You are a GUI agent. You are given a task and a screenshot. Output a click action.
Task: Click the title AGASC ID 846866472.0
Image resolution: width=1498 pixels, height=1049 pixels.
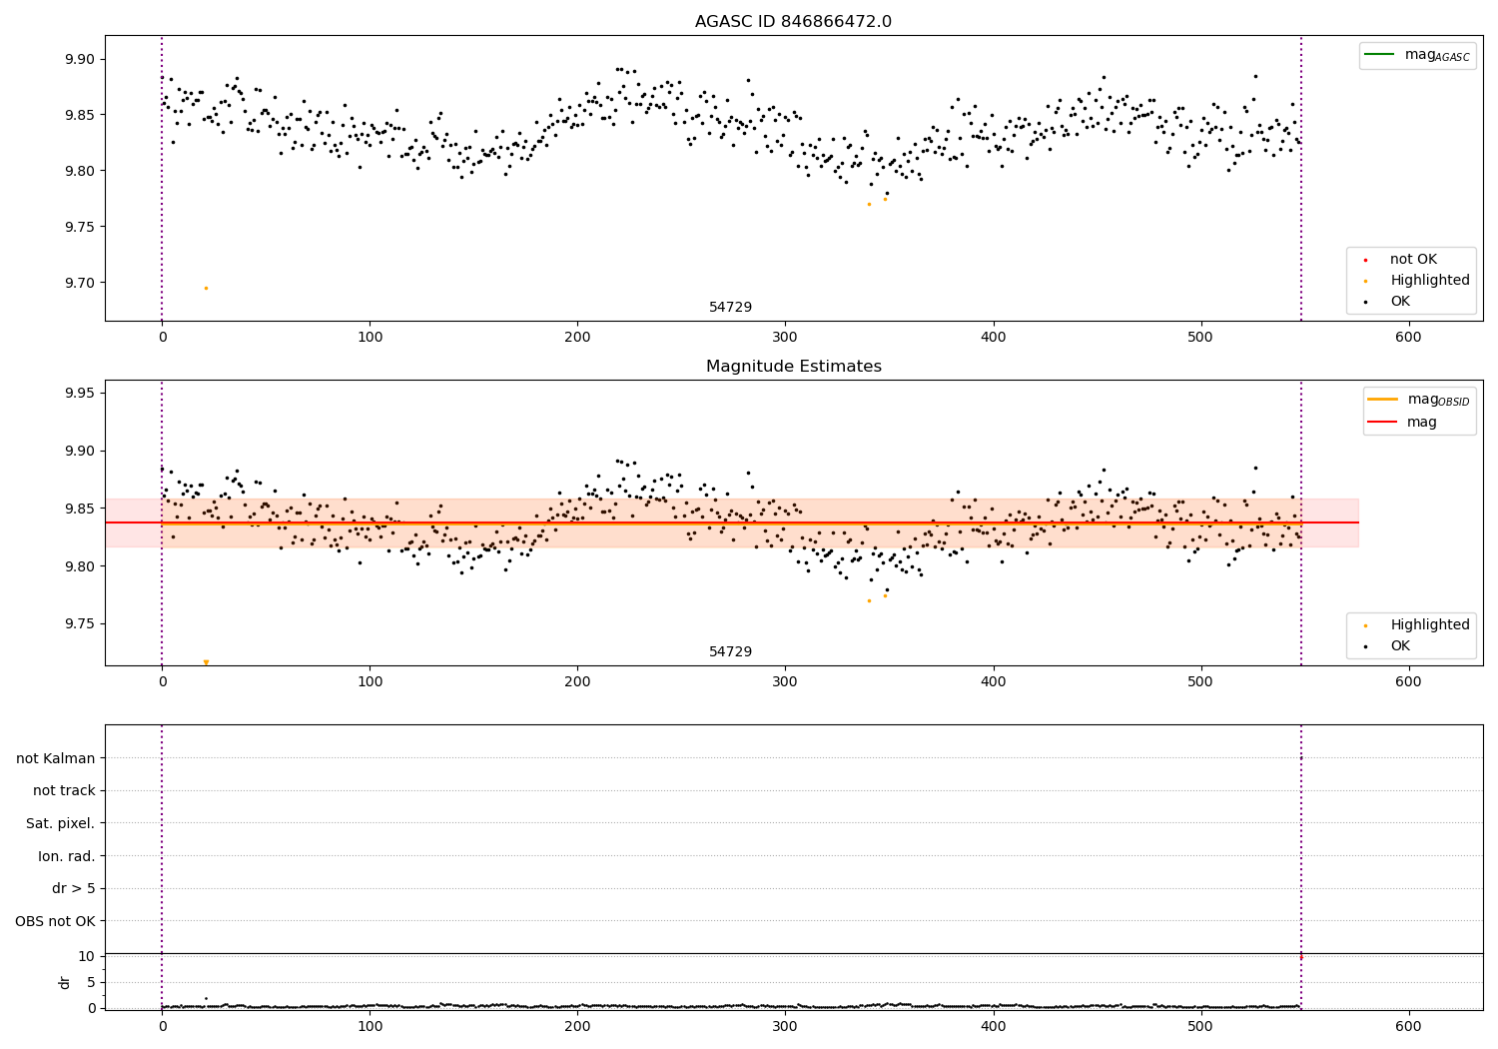click(x=793, y=22)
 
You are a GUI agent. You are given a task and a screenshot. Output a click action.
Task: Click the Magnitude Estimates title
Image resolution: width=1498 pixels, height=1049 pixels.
click(x=793, y=367)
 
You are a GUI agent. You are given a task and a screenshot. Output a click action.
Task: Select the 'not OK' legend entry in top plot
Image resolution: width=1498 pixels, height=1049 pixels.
click(x=1412, y=260)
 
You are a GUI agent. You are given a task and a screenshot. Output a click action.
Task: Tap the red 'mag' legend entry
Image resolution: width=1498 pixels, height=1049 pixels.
click(x=1421, y=423)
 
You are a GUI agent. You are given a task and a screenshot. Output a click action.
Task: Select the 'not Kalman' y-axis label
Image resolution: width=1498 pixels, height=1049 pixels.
click(x=56, y=759)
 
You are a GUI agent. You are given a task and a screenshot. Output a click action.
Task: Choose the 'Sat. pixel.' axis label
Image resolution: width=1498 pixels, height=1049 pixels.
click(x=61, y=824)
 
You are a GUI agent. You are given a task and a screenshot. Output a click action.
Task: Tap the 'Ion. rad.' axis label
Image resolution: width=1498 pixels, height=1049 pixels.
click(x=67, y=857)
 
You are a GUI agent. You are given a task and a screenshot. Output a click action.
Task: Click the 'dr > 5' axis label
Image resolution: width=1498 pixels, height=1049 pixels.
click(x=73, y=889)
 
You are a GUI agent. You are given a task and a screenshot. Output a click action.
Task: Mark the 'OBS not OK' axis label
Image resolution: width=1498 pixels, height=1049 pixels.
click(x=56, y=922)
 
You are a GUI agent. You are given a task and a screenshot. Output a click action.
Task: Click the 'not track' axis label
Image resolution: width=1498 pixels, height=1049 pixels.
click(x=64, y=791)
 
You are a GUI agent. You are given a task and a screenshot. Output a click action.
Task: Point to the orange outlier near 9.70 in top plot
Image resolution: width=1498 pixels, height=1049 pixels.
click(x=206, y=289)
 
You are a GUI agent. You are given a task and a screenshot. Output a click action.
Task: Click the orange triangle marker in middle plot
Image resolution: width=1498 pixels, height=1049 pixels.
click(x=206, y=662)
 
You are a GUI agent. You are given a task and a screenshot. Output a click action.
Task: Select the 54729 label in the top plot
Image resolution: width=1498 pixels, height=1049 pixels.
click(x=730, y=308)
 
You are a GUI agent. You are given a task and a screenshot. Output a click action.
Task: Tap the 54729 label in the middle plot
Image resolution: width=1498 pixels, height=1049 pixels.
click(x=730, y=652)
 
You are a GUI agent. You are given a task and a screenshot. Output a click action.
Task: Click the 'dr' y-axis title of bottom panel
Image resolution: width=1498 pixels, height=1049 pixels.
click(x=65, y=982)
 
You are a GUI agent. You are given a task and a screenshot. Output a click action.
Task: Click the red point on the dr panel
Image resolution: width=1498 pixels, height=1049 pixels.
click(x=1300, y=957)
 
